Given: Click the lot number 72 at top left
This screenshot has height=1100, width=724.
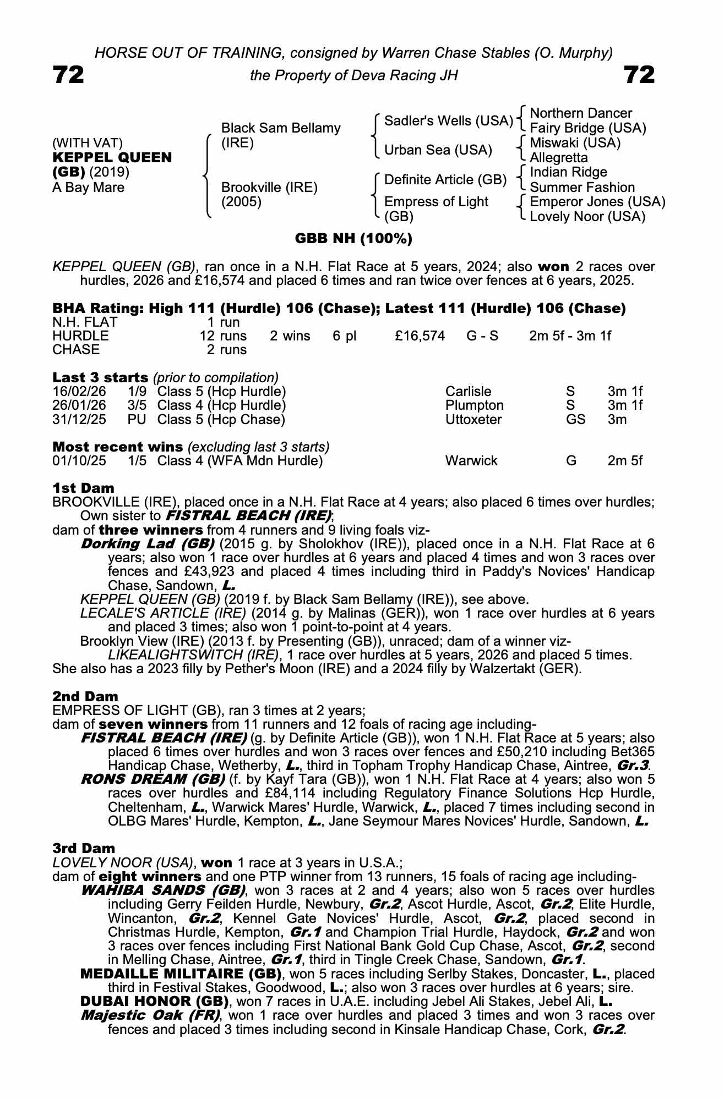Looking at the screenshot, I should tap(68, 75).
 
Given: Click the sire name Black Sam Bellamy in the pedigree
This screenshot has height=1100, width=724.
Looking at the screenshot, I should tap(280, 128).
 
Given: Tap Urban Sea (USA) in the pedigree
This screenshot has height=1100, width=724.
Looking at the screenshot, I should tap(438, 150).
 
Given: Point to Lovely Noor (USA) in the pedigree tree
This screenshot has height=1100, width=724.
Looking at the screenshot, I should tap(587, 217).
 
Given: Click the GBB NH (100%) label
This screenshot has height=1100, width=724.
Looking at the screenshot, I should tap(353, 239).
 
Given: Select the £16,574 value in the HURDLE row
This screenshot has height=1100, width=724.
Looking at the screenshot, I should tap(420, 335).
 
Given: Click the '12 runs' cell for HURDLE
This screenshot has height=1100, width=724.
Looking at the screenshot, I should tap(223, 335).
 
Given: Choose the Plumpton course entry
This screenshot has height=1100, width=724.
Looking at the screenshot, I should tap(474, 405).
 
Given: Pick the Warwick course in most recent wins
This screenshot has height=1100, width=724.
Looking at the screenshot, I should tap(471, 461).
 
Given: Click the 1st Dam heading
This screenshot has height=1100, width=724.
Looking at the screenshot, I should tap(83, 488).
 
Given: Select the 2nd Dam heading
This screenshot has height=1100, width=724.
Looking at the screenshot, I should tap(85, 697).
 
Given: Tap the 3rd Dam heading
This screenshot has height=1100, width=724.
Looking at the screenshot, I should tap(84, 849).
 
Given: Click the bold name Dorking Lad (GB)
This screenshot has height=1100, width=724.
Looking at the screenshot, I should tap(147, 544).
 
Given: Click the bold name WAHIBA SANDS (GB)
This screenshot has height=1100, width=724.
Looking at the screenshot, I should tap(163, 890).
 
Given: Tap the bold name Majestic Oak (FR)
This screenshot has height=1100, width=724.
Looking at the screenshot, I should tap(150, 1015).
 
